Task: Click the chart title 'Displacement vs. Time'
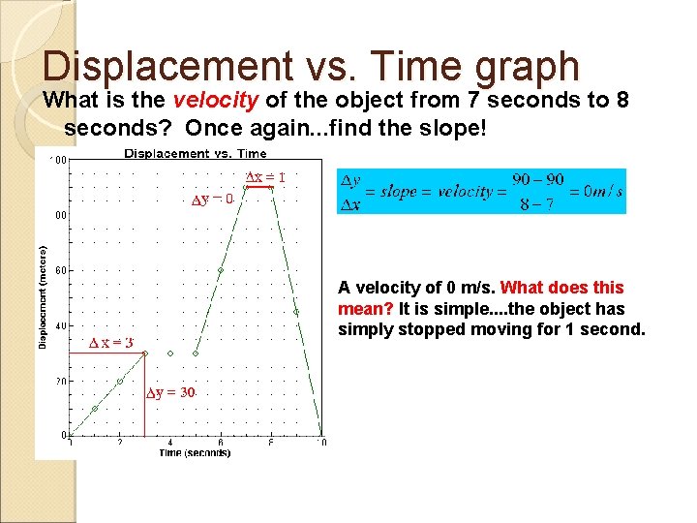coord(196,153)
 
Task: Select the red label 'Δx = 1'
coord(264,177)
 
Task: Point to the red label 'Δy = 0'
coord(213,200)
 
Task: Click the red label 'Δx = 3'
coord(110,343)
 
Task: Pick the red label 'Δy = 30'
coord(171,392)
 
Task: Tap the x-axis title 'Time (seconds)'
coord(195,453)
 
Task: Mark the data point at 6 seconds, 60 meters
coord(221,270)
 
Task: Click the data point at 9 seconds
coord(296,312)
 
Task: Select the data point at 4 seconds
coord(170,354)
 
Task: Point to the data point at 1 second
coord(95,409)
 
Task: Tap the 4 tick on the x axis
coord(170,443)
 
